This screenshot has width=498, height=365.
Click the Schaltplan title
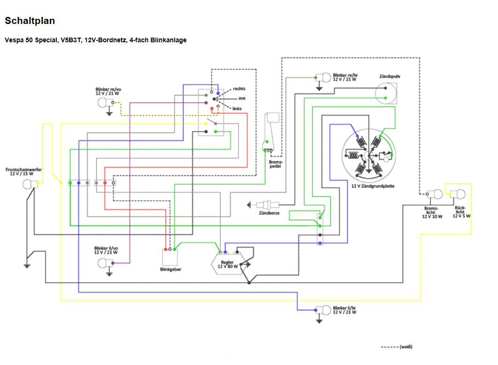tap(30, 21)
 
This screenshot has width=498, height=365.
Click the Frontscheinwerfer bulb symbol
tap(29, 184)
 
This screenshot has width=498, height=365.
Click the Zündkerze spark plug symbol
tap(266, 204)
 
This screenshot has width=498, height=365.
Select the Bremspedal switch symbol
tap(271, 132)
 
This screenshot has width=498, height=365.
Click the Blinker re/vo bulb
tap(103, 102)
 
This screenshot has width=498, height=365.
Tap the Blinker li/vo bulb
tap(103, 264)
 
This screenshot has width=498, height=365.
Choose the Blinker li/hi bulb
tap(324, 310)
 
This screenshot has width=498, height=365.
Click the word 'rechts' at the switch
tap(239, 88)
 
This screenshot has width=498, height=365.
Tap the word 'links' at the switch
tap(238, 109)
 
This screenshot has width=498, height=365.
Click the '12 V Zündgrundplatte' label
tap(373, 186)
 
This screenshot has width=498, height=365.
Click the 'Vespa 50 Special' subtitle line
tap(95, 40)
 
